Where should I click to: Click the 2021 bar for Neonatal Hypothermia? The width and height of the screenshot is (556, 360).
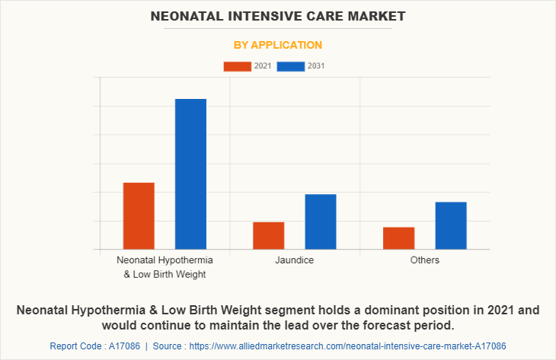pos(139,215)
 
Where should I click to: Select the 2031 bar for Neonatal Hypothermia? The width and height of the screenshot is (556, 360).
pos(190,174)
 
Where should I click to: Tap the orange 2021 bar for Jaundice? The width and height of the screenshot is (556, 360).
pos(268,235)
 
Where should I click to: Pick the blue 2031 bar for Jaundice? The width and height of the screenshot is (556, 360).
pos(321,221)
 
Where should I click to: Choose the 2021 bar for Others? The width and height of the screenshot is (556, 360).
pos(398,237)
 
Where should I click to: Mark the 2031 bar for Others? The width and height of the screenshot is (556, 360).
pos(451,225)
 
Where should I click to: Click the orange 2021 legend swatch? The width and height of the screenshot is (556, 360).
pos(237,66)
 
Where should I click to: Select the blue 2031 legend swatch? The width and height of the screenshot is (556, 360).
pos(291,66)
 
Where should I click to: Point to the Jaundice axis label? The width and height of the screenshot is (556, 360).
pos(295,260)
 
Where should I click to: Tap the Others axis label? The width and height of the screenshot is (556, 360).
pos(424,260)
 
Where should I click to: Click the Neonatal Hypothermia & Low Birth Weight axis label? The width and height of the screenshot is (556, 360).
pos(165,267)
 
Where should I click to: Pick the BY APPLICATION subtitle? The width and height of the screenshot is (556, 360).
pos(277,45)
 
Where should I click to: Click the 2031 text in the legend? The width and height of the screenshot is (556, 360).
pos(316,66)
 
